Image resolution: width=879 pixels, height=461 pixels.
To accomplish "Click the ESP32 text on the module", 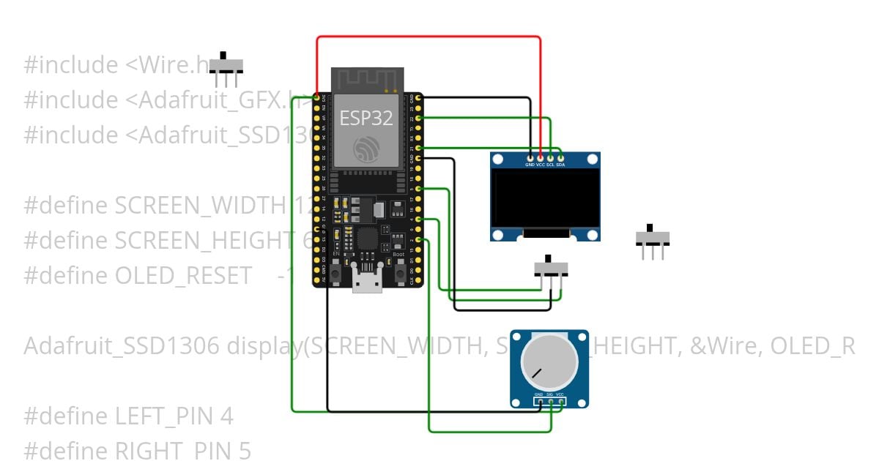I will point(366,117).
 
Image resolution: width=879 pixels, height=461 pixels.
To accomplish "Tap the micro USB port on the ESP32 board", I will point(366,282).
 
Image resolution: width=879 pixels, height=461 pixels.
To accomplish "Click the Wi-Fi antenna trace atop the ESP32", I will point(366,78).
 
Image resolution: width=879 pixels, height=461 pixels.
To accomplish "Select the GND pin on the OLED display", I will point(530,157).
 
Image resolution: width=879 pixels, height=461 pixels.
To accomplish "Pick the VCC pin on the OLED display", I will point(541,157).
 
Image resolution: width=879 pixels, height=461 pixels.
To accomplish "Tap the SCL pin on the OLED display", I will point(550,157).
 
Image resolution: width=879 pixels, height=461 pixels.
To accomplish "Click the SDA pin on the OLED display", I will point(560,157).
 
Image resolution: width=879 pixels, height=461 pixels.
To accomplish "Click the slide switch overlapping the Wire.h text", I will point(226,66).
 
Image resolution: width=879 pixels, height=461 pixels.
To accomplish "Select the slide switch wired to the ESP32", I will point(552,267).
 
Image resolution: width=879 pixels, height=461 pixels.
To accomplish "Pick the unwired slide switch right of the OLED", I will point(651,238).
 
